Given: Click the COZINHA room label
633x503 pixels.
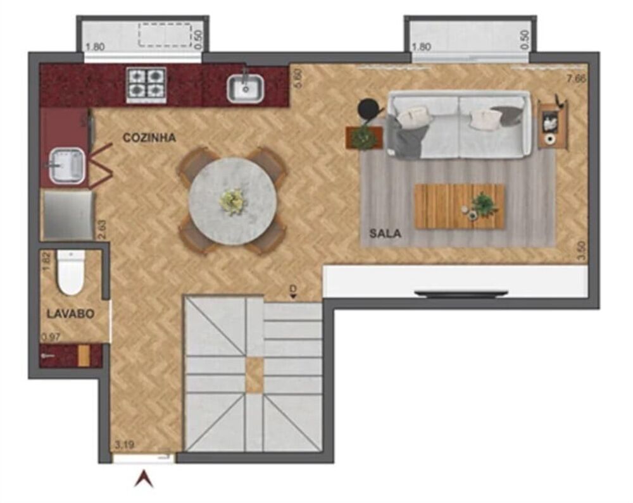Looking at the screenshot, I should point(149,138).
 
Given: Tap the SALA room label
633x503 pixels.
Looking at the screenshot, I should point(385,233).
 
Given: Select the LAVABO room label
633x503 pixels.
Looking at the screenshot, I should point(70,313).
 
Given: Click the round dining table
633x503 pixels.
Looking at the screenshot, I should point(232,200).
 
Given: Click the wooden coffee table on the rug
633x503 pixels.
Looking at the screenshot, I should point(459,206).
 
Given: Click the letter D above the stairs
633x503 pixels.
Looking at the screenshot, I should point(292,290).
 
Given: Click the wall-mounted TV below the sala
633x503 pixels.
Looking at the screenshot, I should point(461,293).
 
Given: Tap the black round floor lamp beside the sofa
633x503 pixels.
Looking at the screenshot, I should point(367,109).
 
